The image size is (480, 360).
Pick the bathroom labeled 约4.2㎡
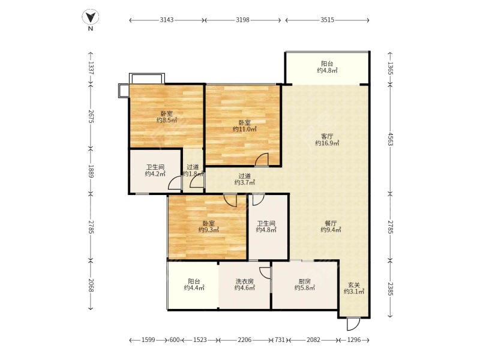(x=155, y=170)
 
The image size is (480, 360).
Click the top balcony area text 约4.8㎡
(x=327, y=71)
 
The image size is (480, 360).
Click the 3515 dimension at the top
(x=327, y=20)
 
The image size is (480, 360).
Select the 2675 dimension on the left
(x=91, y=115)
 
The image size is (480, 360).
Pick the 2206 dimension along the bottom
(x=245, y=340)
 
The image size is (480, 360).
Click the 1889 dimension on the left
(x=91, y=170)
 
